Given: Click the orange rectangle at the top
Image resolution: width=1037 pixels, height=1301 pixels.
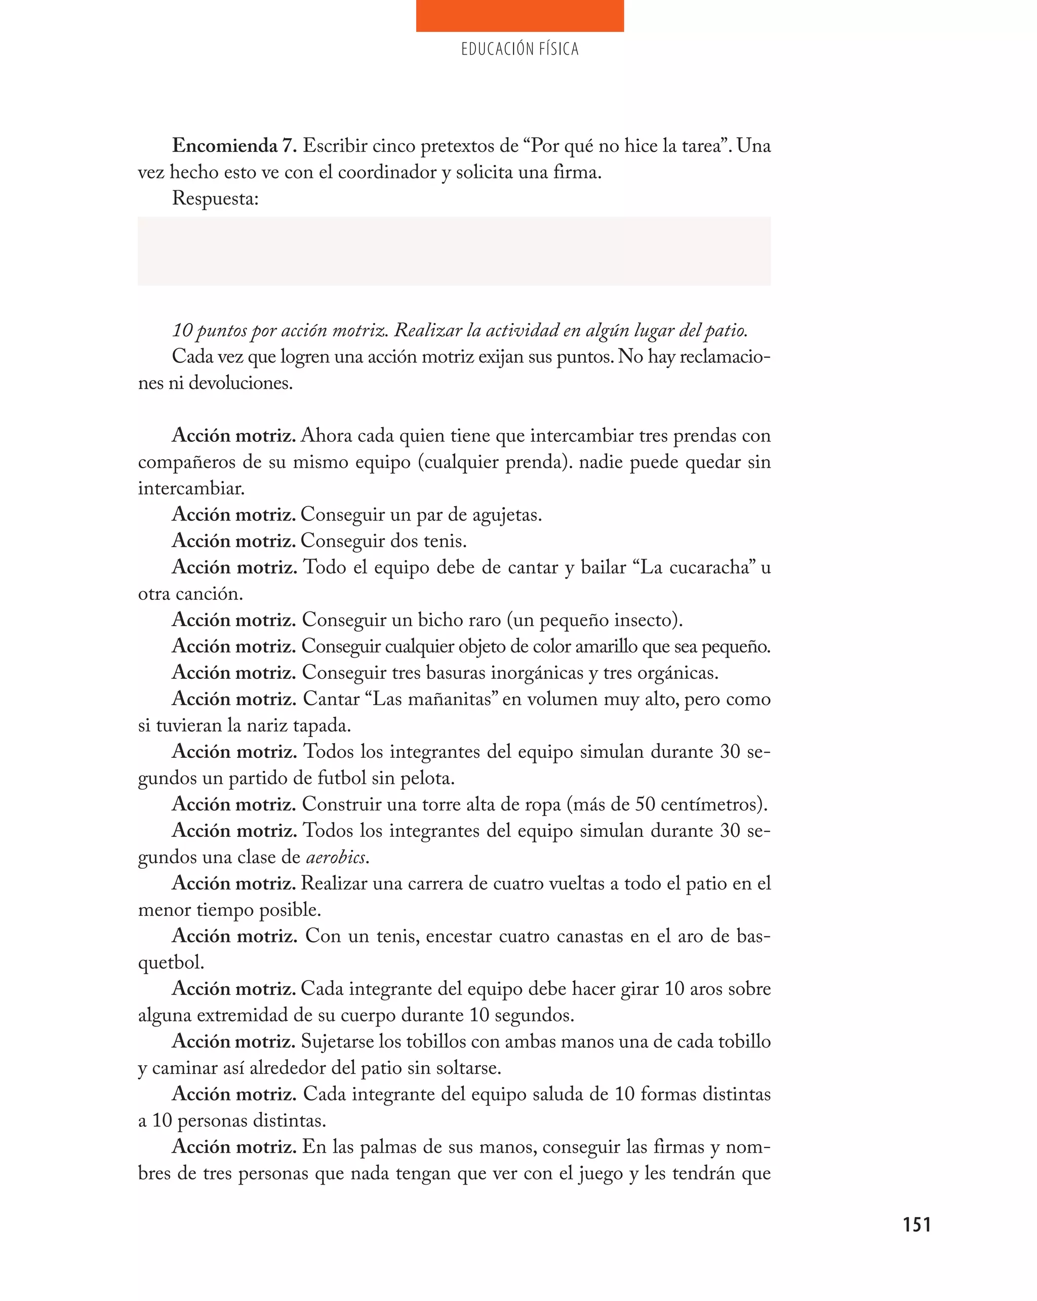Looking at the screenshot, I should pyautogui.click(x=519, y=16).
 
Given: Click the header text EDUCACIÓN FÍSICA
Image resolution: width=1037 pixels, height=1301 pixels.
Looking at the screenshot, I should pyautogui.click(x=519, y=49).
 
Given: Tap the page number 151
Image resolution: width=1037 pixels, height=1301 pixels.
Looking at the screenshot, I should pyautogui.click(x=916, y=1225).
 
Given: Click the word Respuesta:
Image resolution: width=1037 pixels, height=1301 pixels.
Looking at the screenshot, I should pyautogui.click(x=215, y=198).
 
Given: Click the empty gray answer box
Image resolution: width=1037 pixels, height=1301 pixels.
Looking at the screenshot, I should pyautogui.click(x=453, y=251).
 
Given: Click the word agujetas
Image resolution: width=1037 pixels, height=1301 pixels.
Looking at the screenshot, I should pyautogui.click(x=506, y=515).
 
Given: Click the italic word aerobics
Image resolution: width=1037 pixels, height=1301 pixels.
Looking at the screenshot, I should pyautogui.click(x=336, y=857).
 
